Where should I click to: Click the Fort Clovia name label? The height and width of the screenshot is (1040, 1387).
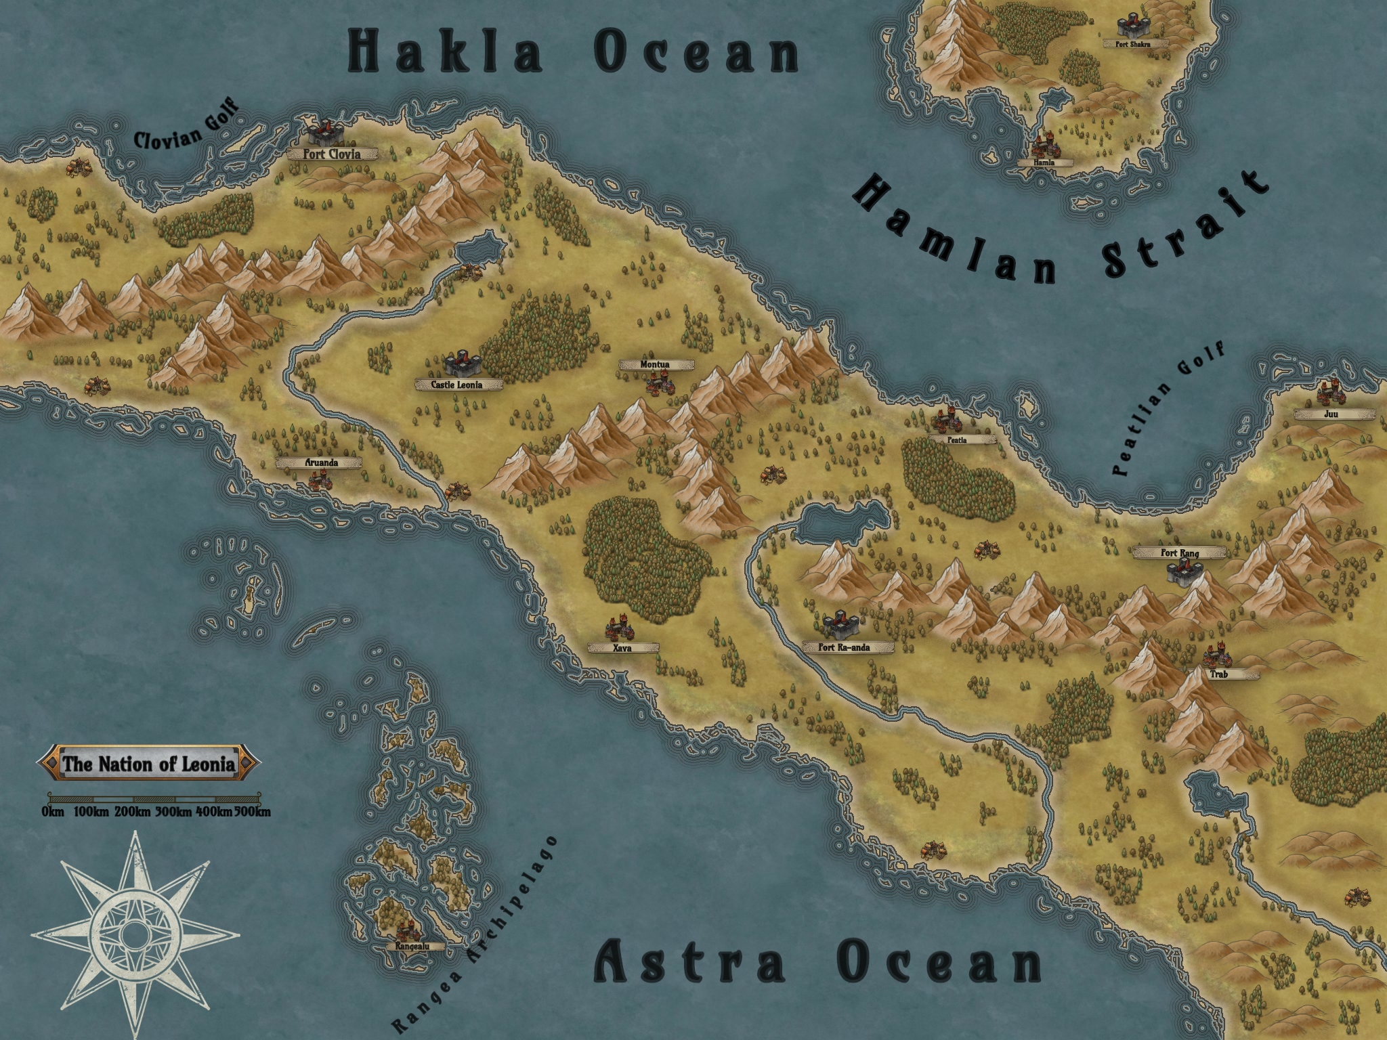pos(331,154)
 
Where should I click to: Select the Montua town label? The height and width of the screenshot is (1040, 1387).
pos(655,365)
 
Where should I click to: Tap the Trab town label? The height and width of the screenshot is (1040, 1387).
pos(1218,674)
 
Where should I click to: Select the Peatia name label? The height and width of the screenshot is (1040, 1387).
pos(957,439)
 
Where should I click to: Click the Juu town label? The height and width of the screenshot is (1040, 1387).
pos(1331,414)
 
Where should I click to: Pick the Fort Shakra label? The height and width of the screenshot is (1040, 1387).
pos(1126,43)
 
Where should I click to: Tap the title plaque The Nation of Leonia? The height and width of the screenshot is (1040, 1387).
pos(148,764)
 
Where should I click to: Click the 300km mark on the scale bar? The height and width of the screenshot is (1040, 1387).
pos(173,812)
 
